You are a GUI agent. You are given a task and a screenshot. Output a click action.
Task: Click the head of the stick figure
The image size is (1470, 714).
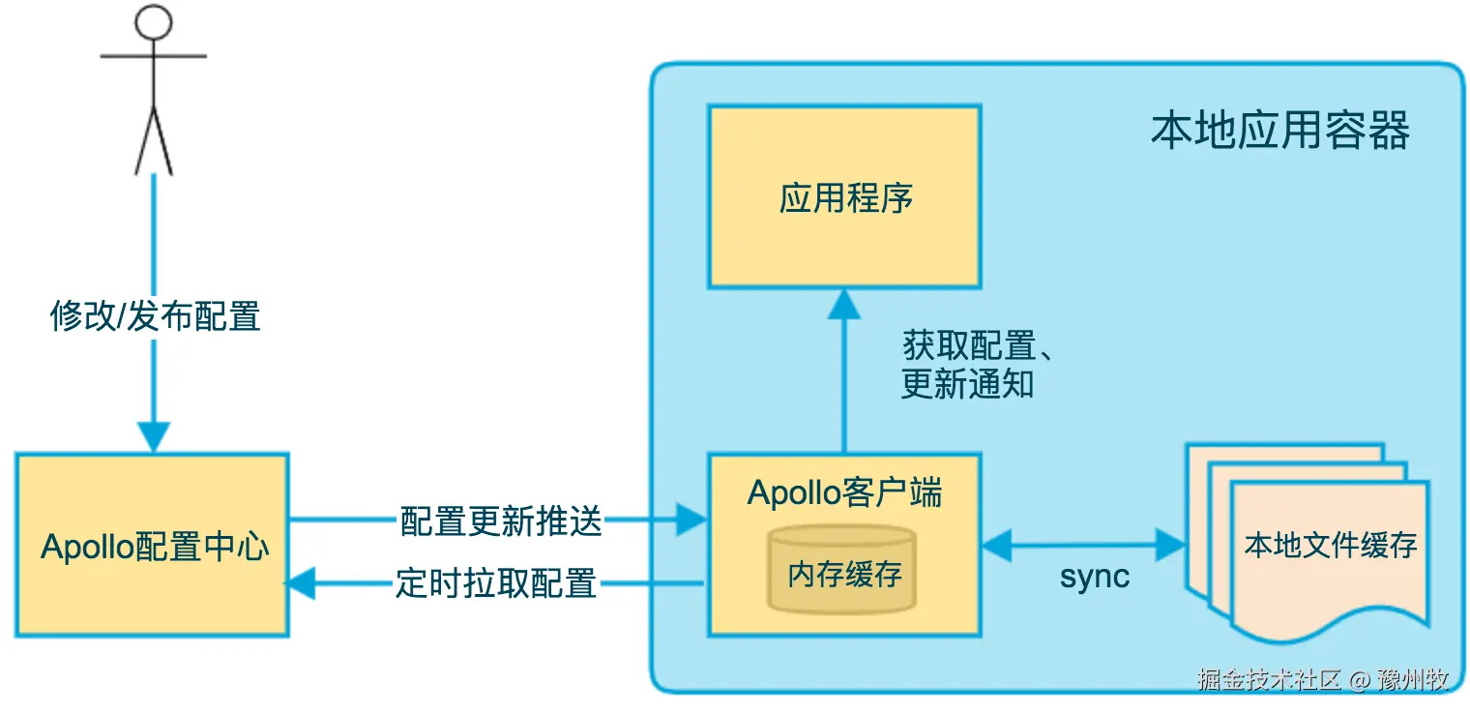point(153,21)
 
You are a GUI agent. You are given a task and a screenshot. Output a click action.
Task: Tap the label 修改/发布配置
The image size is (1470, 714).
point(155,316)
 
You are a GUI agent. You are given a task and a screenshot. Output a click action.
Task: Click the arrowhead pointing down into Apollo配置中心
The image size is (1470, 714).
point(154,436)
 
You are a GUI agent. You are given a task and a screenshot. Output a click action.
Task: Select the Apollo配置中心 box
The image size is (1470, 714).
point(152,546)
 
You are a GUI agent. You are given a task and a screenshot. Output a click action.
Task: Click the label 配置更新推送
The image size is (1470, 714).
point(501,522)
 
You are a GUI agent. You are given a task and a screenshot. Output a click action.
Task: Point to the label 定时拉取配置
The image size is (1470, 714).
point(495,583)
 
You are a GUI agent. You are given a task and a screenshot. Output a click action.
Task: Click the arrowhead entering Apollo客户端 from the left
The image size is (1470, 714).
point(691,521)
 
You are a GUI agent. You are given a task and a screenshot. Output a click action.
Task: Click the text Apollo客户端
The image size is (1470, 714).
point(844,493)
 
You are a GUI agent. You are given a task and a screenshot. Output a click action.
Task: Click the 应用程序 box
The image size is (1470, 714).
point(844,197)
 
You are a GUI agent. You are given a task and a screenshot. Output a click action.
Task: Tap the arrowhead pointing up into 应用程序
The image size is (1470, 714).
point(844,305)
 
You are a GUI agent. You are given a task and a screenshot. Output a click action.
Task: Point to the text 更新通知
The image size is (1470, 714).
point(967,385)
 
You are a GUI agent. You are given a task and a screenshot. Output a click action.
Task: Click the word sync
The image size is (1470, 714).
point(1095,578)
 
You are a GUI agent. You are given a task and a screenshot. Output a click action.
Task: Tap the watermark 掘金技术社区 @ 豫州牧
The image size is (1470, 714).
point(1323,679)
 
